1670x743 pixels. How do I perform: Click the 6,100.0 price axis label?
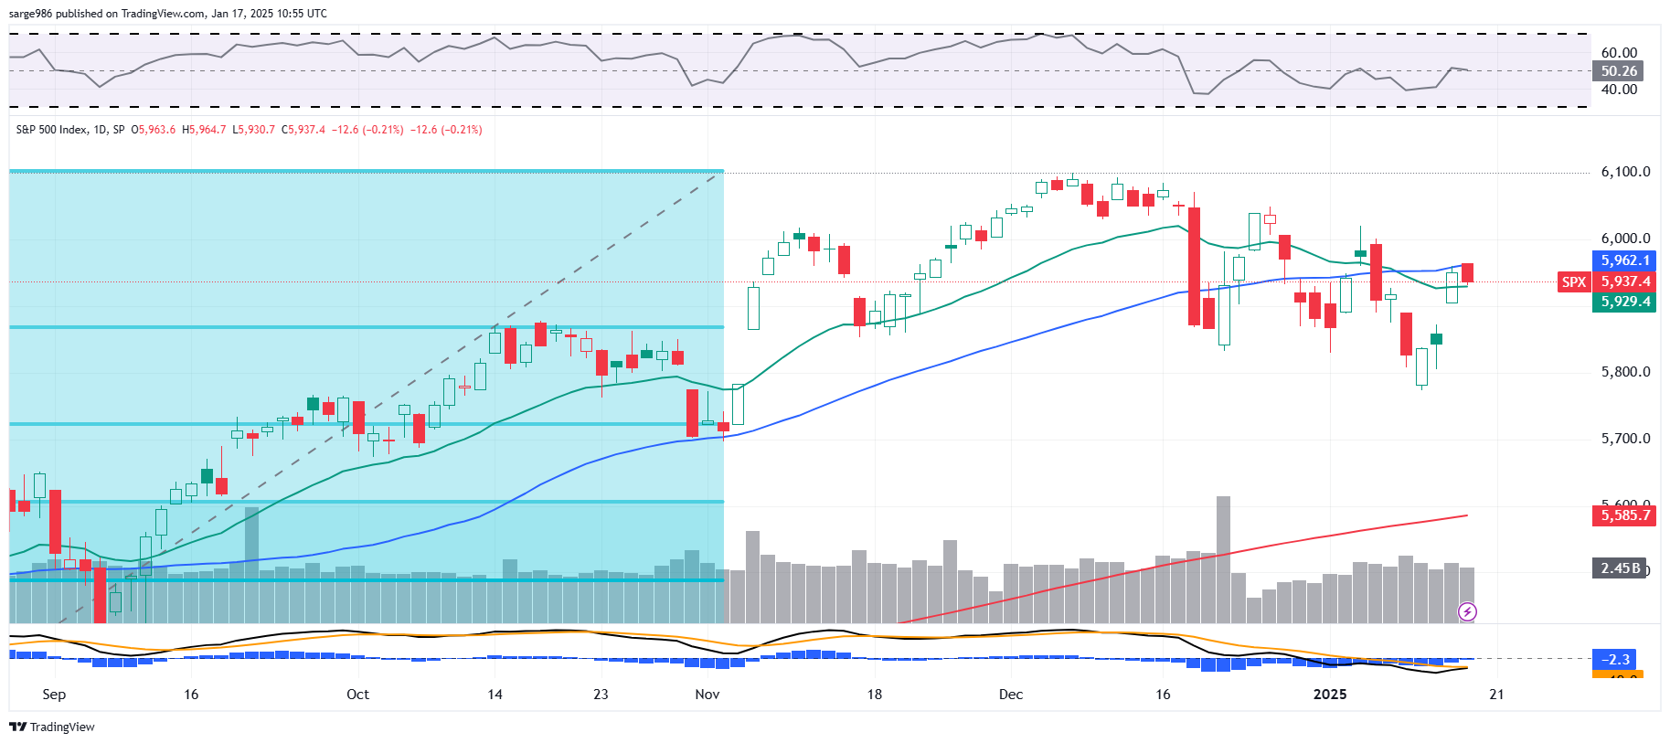click(1625, 172)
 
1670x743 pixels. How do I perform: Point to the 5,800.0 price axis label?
click(1625, 372)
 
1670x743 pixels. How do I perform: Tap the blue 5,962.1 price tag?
click(1625, 260)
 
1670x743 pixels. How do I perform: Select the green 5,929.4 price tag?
click(1625, 302)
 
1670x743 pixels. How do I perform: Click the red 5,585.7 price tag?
click(1625, 515)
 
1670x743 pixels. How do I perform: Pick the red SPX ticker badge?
click(1573, 281)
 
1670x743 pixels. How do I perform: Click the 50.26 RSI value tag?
click(1619, 71)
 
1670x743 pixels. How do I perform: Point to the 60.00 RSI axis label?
click(1619, 53)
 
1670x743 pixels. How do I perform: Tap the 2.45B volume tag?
click(1621, 568)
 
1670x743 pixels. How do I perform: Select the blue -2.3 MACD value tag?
click(1617, 659)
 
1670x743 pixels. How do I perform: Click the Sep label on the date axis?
click(54, 695)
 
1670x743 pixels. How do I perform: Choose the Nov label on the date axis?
click(707, 695)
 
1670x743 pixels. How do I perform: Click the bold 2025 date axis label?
click(1329, 695)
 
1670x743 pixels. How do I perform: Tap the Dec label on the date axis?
click(1011, 695)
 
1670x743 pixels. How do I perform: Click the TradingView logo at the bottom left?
click(52, 727)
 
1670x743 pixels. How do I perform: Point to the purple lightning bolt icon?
click(1467, 611)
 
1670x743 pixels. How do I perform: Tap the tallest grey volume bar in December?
click(1223, 559)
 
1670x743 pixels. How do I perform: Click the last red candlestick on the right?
click(1467, 272)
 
